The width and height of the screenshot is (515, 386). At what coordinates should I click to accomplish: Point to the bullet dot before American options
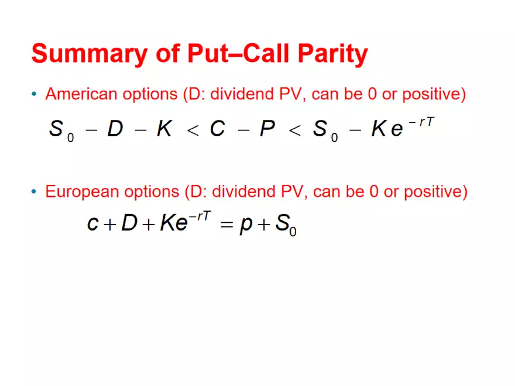coord(35,94)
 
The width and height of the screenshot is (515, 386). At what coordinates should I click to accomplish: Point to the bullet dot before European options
coord(35,191)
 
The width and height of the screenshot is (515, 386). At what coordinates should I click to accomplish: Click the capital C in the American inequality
coord(217,129)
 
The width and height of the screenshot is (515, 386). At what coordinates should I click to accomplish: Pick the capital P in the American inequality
coord(267,129)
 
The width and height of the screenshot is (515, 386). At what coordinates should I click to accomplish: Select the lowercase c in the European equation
coord(92,224)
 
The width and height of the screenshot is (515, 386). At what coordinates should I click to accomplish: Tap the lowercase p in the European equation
coord(246,225)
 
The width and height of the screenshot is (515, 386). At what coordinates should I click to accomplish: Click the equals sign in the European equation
coord(227,225)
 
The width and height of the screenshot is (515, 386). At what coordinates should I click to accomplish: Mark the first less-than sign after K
coord(193,130)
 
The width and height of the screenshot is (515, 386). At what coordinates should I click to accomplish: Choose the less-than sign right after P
coord(294,130)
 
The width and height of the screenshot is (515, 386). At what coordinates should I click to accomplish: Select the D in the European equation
coord(129,223)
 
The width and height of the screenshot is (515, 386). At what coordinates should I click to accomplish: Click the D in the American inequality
coord(115,129)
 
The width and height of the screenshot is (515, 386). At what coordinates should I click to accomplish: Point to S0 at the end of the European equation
coord(286,225)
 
